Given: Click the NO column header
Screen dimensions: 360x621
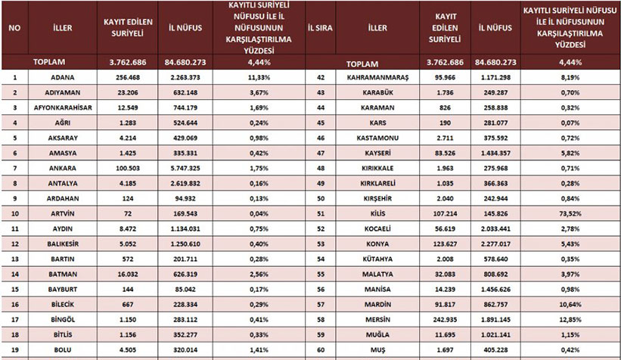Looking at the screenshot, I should click(x=14, y=28).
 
